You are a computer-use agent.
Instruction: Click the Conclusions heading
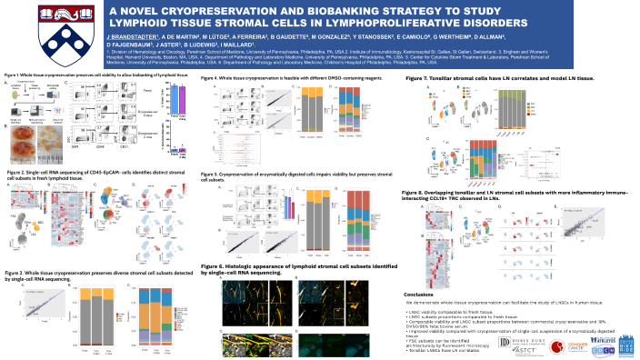click(x=420, y=295)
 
